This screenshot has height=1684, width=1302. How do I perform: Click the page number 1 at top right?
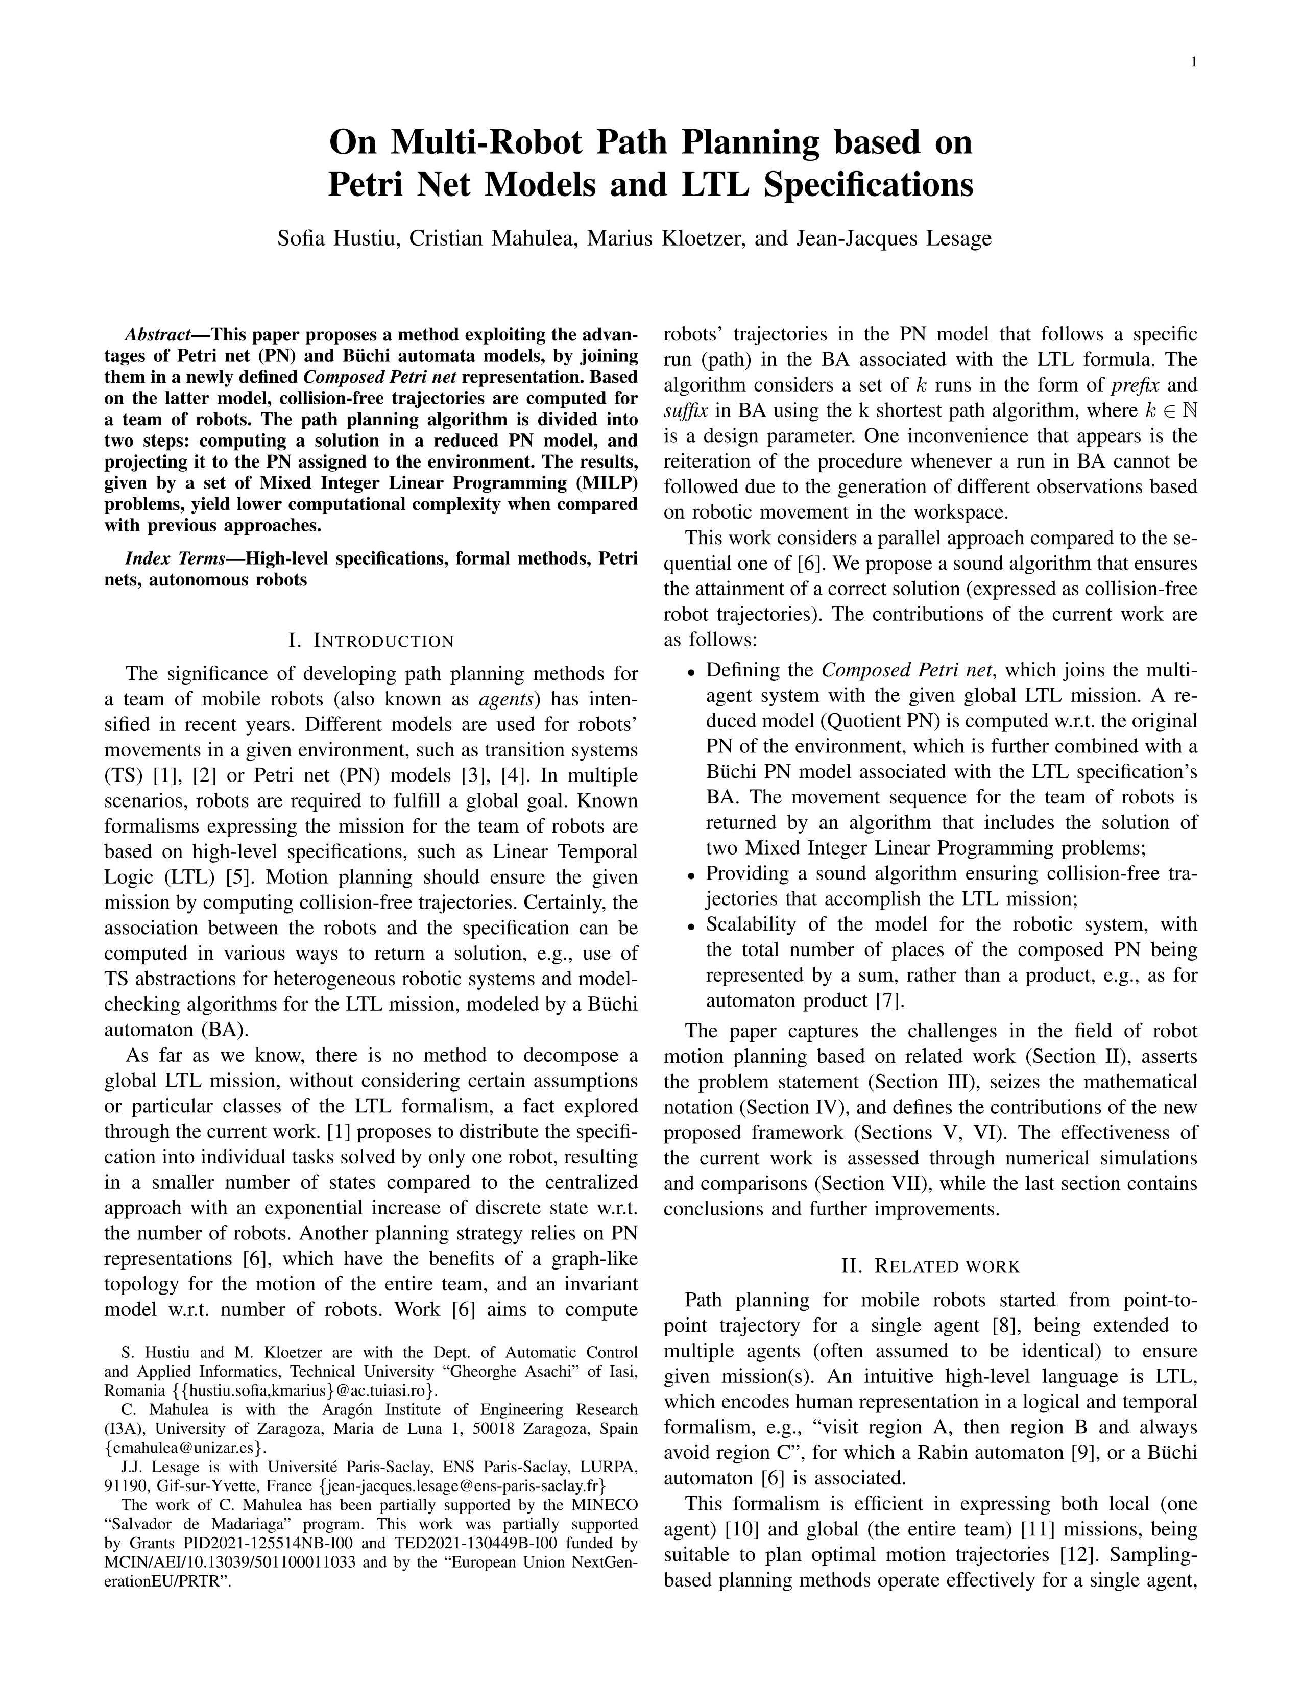pyautogui.click(x=1193, y=63)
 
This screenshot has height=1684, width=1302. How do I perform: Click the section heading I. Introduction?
pyautogui.click(x=371, y=641)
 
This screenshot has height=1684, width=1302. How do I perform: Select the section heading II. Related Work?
pyautogui.click(x=930, y=1266)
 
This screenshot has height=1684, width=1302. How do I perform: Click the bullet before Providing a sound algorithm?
pyautogui.click(x=691, y=875)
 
